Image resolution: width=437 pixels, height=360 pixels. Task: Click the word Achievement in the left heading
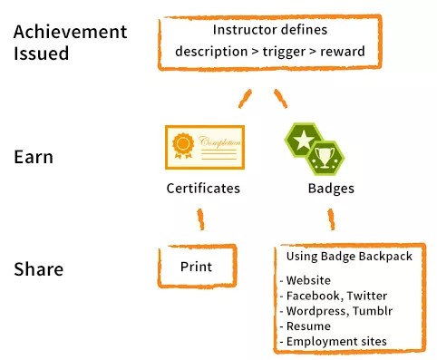(71, 33)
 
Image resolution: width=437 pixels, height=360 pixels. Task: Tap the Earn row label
(34, 157)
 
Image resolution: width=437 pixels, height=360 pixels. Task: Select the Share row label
(39, 269)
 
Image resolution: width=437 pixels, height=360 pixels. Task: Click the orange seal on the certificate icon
(184, 145)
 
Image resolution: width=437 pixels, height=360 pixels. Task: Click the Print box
(198, 267)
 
